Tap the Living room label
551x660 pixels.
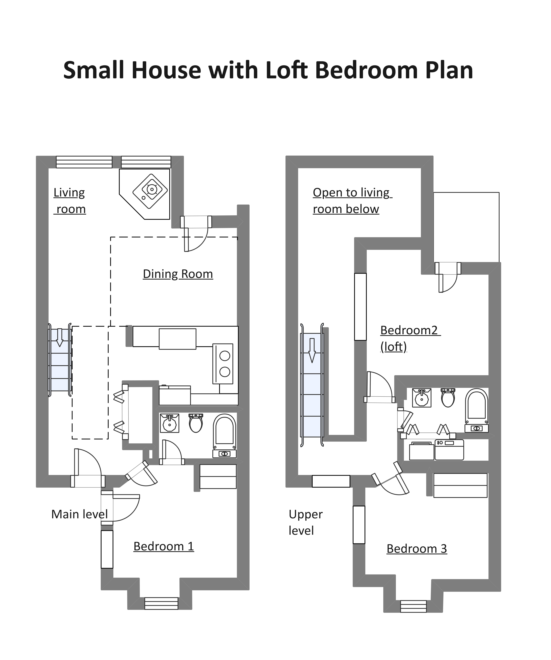pos(70,201)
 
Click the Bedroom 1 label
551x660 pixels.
pos(164,546)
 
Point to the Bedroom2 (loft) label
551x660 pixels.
pos(410,338)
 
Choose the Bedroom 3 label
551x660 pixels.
pos(417,549)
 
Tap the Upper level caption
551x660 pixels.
pos(306,522)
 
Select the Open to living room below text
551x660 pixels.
pos(352,201)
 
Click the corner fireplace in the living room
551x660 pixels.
pos(144,194)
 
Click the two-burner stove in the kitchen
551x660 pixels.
pos(223,364)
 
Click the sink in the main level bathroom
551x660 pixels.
pos(170,423)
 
